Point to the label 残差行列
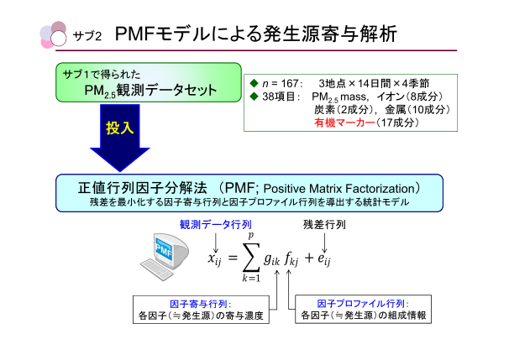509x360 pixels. point(324,225)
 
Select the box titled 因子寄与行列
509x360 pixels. point(202,310)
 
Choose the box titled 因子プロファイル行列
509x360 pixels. point(362,310)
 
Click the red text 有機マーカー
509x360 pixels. point(338,123)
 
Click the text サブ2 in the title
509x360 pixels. point(88,36)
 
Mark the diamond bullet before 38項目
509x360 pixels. point(254,97)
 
